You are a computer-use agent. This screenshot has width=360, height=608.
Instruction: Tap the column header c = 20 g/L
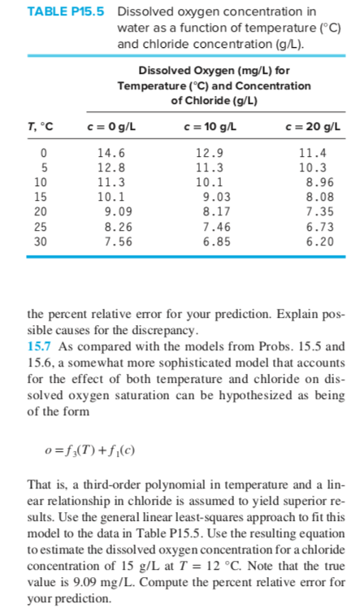[x=314, y=127]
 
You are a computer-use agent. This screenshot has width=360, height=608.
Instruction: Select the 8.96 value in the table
[x=313, y=182]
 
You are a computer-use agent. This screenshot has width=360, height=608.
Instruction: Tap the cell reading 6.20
[x=313, y=241]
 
